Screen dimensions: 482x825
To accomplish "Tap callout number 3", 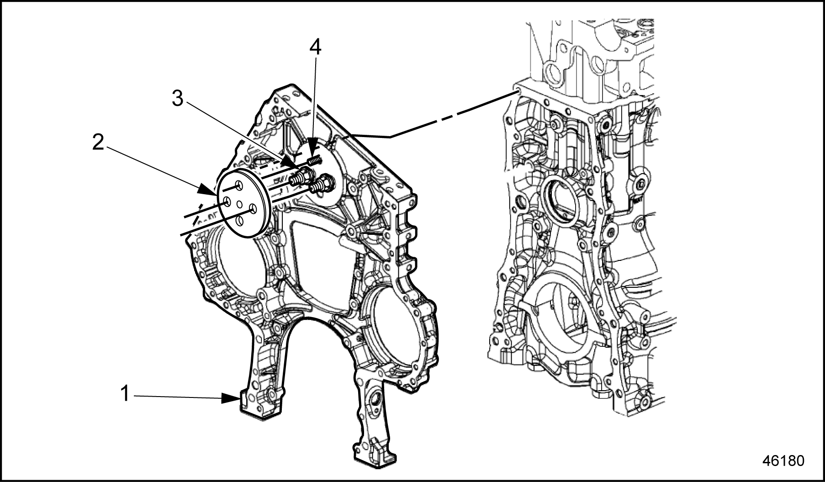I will [x=178, y=99].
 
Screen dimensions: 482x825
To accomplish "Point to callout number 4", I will [x=315, y=47].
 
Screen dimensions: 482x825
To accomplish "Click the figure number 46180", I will [x=783, y=460].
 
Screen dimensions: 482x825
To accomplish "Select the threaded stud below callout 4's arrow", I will [x=315, y=160].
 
